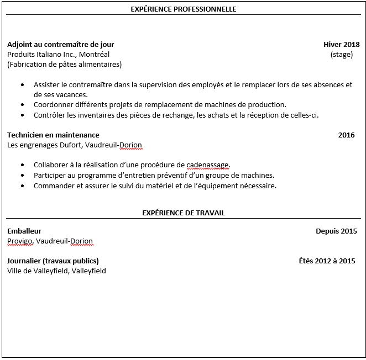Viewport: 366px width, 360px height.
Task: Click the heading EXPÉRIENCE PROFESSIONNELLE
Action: (183, 9)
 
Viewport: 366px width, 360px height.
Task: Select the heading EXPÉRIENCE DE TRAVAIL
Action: (183, 213)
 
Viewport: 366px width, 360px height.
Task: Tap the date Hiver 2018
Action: (341, 44)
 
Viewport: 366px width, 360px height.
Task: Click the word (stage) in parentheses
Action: (341, 54)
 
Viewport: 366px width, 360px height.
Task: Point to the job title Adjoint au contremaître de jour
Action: (61, 44)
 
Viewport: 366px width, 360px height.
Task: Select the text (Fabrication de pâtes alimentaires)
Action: (65, 64)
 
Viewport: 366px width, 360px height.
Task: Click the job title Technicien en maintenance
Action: (53, 135)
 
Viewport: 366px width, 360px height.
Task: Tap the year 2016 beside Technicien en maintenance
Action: (346, 135)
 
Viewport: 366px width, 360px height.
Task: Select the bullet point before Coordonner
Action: (22, 105)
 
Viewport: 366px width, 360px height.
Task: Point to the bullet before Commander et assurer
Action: (22, 186)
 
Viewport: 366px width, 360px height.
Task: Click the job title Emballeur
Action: (24, 231)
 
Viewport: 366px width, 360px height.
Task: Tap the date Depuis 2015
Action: (336, 231)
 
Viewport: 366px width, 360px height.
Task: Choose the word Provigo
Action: (20, 241)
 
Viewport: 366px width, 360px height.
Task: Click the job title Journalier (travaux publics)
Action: (53, 261)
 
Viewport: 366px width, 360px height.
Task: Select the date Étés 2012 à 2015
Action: (327, 261)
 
